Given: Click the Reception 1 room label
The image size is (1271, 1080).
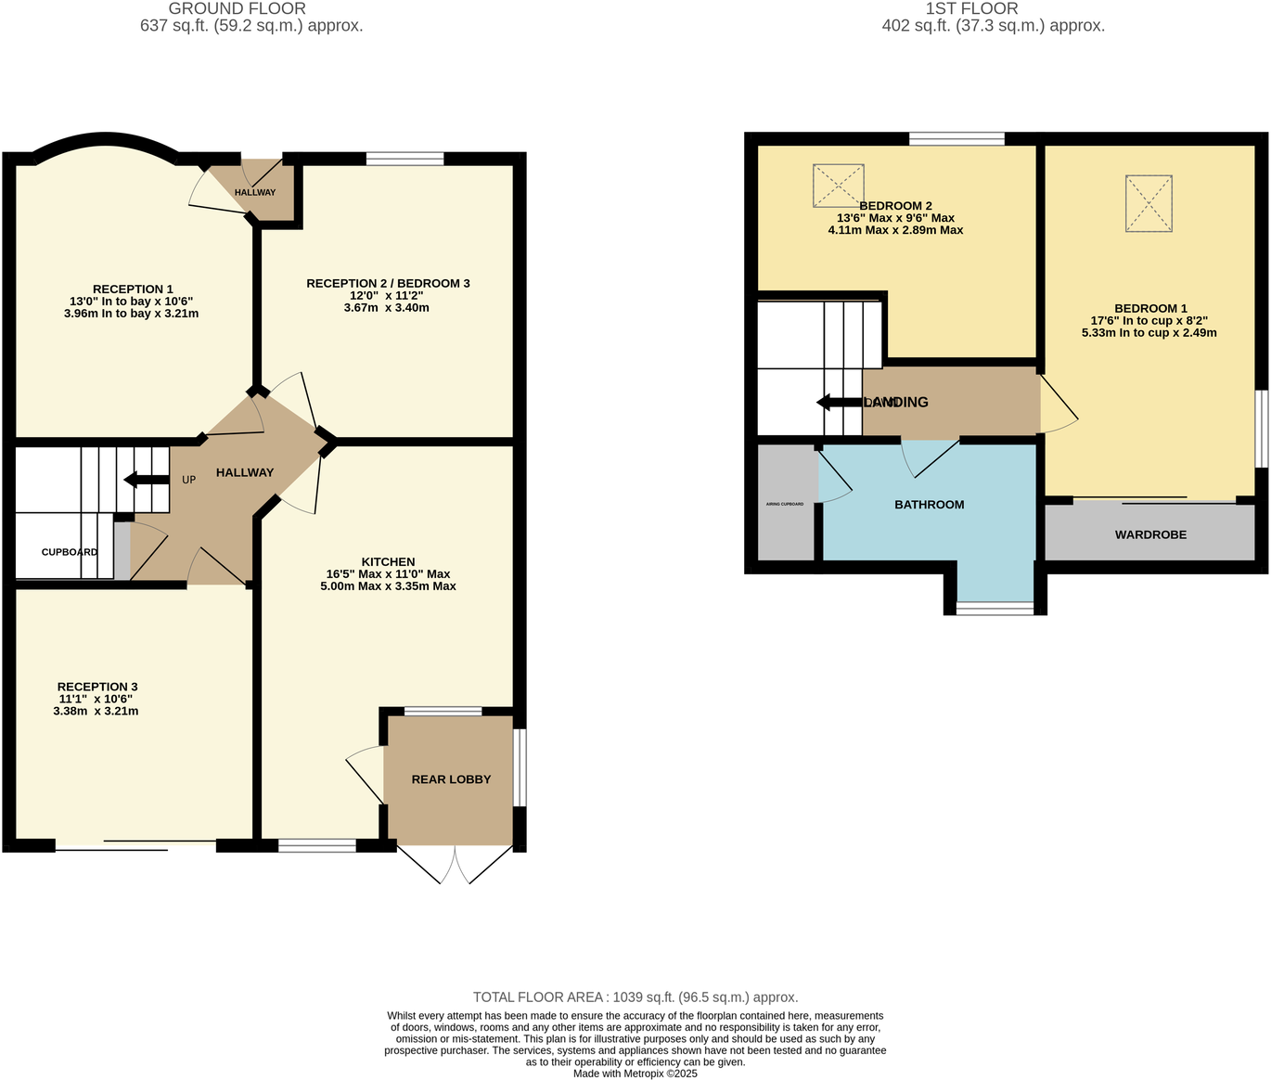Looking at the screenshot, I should tap(133, 289).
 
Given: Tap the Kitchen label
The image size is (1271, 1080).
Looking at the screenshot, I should tap(388, 561).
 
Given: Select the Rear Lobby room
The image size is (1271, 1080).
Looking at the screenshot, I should tap(451, 779).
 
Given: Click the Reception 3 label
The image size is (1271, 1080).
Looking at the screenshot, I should tap(97, 687).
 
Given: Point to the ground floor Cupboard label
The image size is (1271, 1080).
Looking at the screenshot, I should tap(70, 552).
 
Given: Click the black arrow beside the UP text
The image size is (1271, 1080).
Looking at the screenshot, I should tap(147, 480).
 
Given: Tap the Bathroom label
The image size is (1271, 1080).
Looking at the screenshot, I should tap(929, 505).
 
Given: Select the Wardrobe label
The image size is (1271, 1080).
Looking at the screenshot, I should tap(1150, 534).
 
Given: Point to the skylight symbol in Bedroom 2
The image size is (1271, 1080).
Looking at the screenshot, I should tap(839, 186).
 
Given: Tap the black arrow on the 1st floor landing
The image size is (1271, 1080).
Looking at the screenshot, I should tap(840, 402).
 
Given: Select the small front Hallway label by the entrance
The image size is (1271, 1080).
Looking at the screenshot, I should tap(255, 192).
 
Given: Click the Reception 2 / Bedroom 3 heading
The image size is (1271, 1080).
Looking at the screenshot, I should tap(388, 283).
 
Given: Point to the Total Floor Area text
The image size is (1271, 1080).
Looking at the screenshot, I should tap(635, 997).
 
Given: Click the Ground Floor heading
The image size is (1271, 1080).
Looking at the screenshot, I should tap(237, 8).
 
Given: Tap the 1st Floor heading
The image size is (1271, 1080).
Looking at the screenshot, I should tap(971, 8).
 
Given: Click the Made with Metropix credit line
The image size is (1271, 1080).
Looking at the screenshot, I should tap(635, 1074).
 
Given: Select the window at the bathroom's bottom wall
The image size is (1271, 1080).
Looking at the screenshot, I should tap(995, 609).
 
